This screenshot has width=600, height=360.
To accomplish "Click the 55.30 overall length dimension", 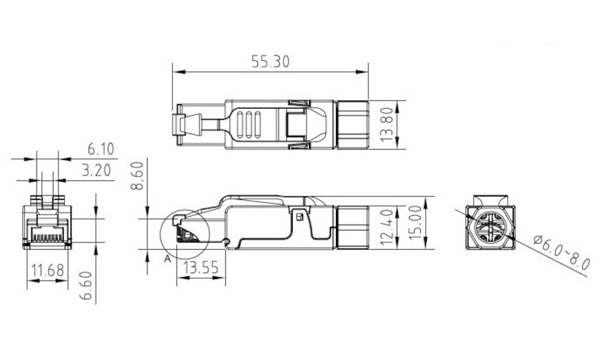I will click(269, 61).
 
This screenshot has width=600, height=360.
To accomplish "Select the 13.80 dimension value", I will click(388, 124).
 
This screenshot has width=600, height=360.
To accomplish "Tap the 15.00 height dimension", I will click(416, 223).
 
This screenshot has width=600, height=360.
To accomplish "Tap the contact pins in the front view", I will click(47, 237).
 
